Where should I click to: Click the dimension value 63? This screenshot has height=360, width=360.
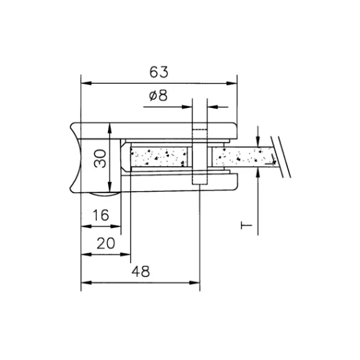click(x=159, y=71)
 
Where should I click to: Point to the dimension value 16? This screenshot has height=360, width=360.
click(x=101, y=216)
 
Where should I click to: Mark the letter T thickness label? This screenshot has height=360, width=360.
click(x=244, y=226)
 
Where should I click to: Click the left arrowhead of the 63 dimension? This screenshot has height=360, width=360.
click(x=86, y=83)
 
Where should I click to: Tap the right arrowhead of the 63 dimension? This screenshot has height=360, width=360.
click(x=232, y=83)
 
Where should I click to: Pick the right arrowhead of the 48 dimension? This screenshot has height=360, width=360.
click(x=195, y=282)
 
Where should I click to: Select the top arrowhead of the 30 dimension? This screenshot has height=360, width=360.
click(x=109, y=125)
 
